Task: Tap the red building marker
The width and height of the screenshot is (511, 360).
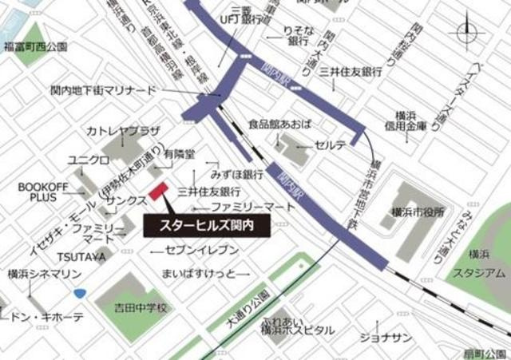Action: click(156, 193)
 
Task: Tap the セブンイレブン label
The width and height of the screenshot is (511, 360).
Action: click(202, 250)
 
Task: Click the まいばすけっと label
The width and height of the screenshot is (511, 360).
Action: click(199, 274)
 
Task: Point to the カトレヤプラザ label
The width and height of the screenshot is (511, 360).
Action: click(124, 130)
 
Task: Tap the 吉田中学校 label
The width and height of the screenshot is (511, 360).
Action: click(140, 307)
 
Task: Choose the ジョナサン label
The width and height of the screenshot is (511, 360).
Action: click(386, 338)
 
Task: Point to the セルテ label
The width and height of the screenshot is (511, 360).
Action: click(330, 145)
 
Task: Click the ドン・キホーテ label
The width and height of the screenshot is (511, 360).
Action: click(46, 317)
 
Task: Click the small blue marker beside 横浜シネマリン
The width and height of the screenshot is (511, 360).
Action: click(80, 293)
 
